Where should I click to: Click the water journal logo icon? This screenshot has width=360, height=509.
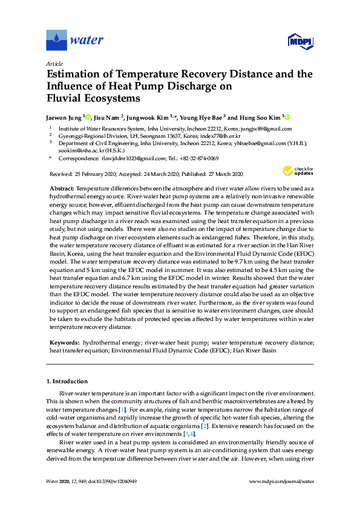point(57,41)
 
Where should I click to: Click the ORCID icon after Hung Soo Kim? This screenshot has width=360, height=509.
point(270,117)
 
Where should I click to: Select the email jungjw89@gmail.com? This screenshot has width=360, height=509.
point(267,129)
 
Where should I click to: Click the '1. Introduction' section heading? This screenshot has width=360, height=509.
point(67,381)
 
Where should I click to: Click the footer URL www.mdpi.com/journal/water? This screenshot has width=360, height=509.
point(281,481)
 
